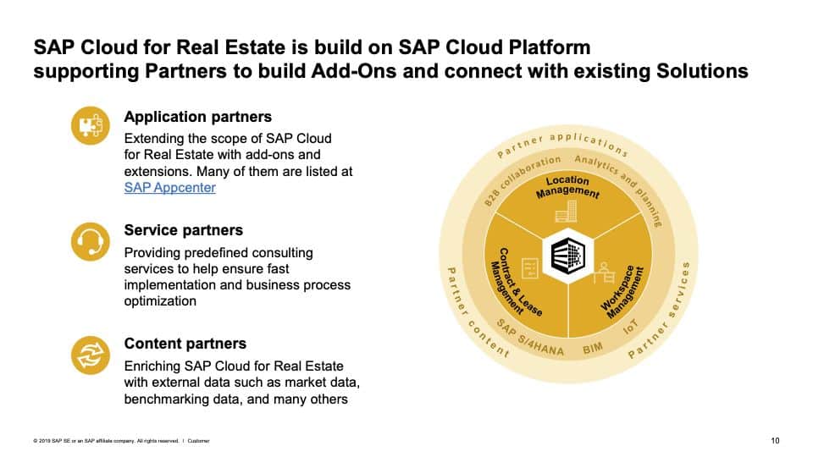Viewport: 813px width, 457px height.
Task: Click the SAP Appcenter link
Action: (169, 188)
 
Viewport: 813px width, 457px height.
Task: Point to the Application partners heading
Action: (197, 117)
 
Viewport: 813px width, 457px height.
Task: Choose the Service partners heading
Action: (183, 230)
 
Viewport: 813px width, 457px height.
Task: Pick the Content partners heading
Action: (185, 344)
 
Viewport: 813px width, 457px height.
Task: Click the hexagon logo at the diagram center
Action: (567, 253)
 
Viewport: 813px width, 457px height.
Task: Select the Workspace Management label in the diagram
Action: (623, 292)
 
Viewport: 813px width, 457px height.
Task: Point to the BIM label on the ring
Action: (592, 348)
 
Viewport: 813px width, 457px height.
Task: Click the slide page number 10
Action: (775, 440)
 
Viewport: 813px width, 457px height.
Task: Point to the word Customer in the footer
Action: (199, 441)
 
